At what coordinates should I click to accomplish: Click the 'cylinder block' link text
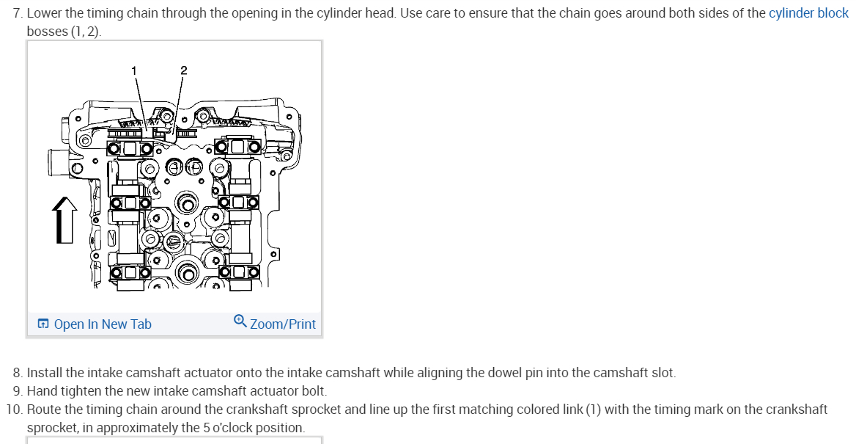pos(808,14)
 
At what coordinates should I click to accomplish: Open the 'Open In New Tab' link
pos(103,324)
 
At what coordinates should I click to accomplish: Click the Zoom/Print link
pos(283,324)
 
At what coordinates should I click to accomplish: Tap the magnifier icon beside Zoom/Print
pos(240,322)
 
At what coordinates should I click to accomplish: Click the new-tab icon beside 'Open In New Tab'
pos(44,324)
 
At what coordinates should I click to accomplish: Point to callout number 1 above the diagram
pos(133,70)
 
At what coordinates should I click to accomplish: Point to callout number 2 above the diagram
pos(183,70)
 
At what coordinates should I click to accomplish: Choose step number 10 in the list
pos(15,410)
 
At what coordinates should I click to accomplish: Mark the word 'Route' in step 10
pos(43,410)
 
